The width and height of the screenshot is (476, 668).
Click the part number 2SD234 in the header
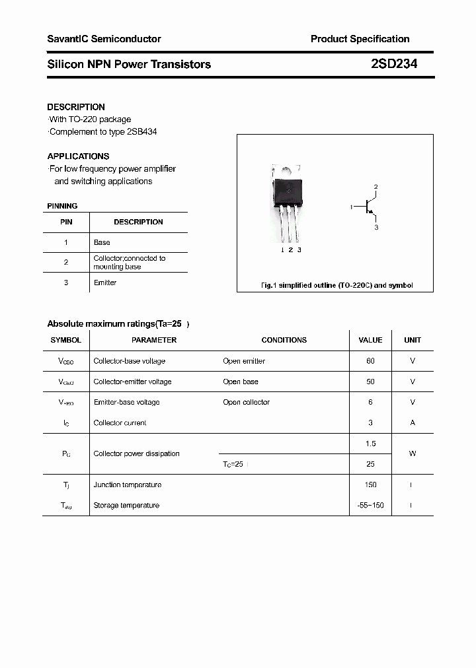click(x=393, y=64)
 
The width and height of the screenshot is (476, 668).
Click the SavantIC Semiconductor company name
click(x=104, y=39)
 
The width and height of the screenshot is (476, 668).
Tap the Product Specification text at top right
click(x=360, y=39)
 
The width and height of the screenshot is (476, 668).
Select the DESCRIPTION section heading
click(x=76, y=107)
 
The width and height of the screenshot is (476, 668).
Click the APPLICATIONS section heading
click(x=78, y=156)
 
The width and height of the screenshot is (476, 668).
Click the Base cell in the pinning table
click(x=102, y=242)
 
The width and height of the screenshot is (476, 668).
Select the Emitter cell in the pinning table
click(x=105, y=283)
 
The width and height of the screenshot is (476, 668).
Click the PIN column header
click(x=66, y=222)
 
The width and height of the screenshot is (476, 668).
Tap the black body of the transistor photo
click(x=289, y=189)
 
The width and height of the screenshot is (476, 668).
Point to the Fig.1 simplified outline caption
click(x=336, y=285)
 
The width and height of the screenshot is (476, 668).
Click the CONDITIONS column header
click(x=284, y=340)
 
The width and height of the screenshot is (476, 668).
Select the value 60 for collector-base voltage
click(x=370, y=361)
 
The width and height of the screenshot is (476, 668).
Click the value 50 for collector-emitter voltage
click(x=370, y=382)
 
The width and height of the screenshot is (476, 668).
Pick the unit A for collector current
click(x=413, y=422)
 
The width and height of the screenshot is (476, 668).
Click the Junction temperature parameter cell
click(x=128, y=484)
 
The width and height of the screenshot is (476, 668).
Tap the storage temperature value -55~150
click(x=370, y=505)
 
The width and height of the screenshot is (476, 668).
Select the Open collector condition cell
click(x=247, y=402)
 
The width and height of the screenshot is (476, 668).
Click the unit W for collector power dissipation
click(x=413, y=453)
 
